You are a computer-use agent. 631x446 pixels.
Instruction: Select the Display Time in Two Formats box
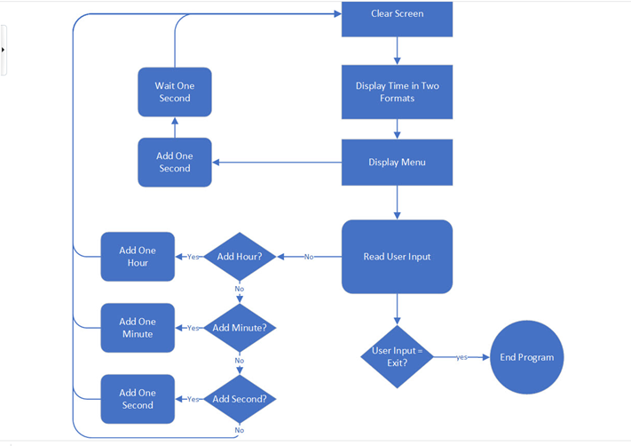tap(397, 92)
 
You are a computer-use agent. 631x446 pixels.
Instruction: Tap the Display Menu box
tap(397, 163)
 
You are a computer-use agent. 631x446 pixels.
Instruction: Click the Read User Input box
tap(397, 257)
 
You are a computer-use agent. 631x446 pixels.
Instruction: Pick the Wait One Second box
tap(174, 92)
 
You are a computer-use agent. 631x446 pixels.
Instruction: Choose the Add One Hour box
tap(138, 257)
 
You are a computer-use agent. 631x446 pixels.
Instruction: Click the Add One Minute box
tap(138, 328)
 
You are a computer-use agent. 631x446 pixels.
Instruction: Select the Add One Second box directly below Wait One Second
tap(174, 163)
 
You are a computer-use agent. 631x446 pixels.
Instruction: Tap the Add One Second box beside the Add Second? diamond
tap(138, 399)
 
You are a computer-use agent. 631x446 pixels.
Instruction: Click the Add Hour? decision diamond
tap(239, 257)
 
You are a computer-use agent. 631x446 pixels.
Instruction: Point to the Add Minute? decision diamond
tap(239, 328)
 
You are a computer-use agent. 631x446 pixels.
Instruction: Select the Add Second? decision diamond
tap(239, 399)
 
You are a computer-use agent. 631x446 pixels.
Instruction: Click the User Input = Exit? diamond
tap(397, 356)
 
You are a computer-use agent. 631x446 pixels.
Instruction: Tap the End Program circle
tap(526, 357)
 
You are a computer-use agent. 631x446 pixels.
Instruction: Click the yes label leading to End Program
tap(462, 357)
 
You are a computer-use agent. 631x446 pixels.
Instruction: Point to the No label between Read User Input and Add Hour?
tap(309, 257)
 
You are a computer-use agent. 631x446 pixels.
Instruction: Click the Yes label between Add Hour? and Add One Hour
tap(193, 257)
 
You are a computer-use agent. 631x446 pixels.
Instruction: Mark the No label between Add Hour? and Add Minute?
tap(239, 289)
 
